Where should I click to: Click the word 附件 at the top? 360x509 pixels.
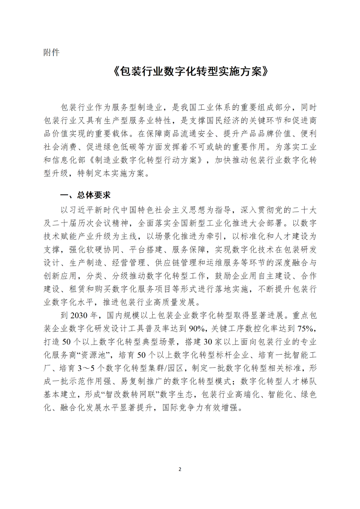51,52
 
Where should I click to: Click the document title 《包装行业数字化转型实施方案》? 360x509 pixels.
191,71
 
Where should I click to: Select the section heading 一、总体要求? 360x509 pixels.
85,195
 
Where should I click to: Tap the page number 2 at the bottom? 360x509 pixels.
180,469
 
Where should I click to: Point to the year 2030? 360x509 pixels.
79,315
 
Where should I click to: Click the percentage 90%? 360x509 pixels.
197,329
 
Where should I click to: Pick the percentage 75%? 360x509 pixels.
306,329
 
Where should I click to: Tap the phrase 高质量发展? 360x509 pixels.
180,302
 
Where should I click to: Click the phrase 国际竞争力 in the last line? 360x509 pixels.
183,408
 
